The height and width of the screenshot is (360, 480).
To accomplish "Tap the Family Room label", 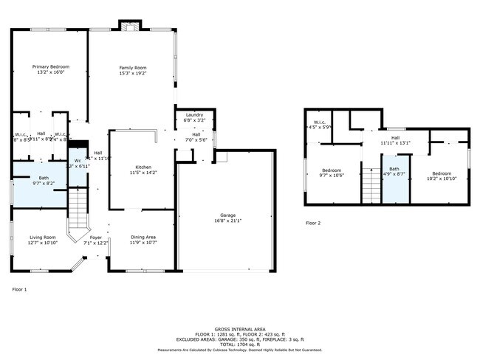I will click(x=133, y=67).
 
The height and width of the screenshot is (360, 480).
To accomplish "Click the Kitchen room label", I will click(x=133, y=167).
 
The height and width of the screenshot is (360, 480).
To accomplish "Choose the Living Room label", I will click(x=41, y=237).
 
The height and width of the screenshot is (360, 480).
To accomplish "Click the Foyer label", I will click(x=96, y=237).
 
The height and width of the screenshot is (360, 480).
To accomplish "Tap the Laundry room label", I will click(x=194, y=115).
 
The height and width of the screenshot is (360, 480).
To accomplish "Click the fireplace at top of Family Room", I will click(x=129, y=27).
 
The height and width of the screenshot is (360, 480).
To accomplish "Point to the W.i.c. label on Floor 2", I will click(x=320, y=122).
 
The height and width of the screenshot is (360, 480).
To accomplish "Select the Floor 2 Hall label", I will click(x=394, y=138).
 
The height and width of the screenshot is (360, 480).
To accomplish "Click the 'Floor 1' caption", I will click(x=20, y=289).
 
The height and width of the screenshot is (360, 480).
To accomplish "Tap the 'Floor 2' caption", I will click(x=314, y=223).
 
